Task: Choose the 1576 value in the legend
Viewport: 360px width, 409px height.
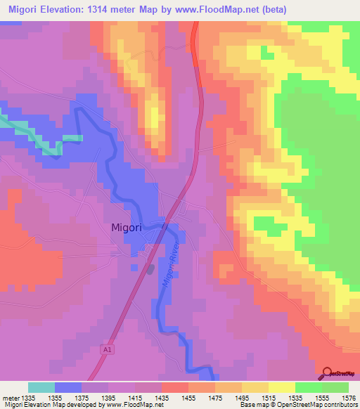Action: [348, 398]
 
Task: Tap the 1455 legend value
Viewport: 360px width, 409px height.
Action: [188, 398]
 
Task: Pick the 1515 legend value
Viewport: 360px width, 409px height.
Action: [269, 398]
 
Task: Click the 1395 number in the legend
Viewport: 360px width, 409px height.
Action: [108, 398]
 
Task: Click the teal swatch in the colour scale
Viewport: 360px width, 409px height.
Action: [41, 387]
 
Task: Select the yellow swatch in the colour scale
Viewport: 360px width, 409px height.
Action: [282, 387]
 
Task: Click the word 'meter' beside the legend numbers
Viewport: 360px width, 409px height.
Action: [10, 398]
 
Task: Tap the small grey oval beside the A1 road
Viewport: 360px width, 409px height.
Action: [150, 268]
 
